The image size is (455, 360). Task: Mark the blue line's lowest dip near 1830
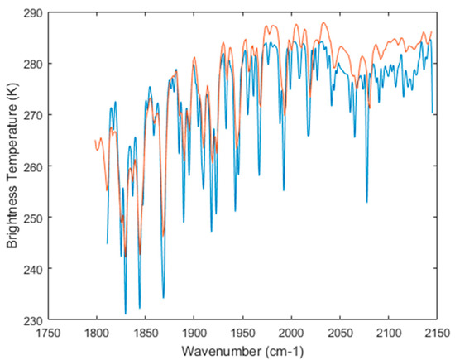[126, 314]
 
